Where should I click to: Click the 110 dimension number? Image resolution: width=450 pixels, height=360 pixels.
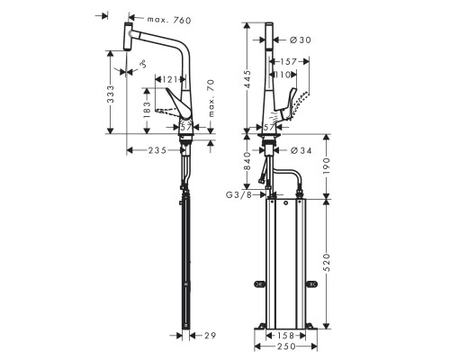(286, 76)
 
